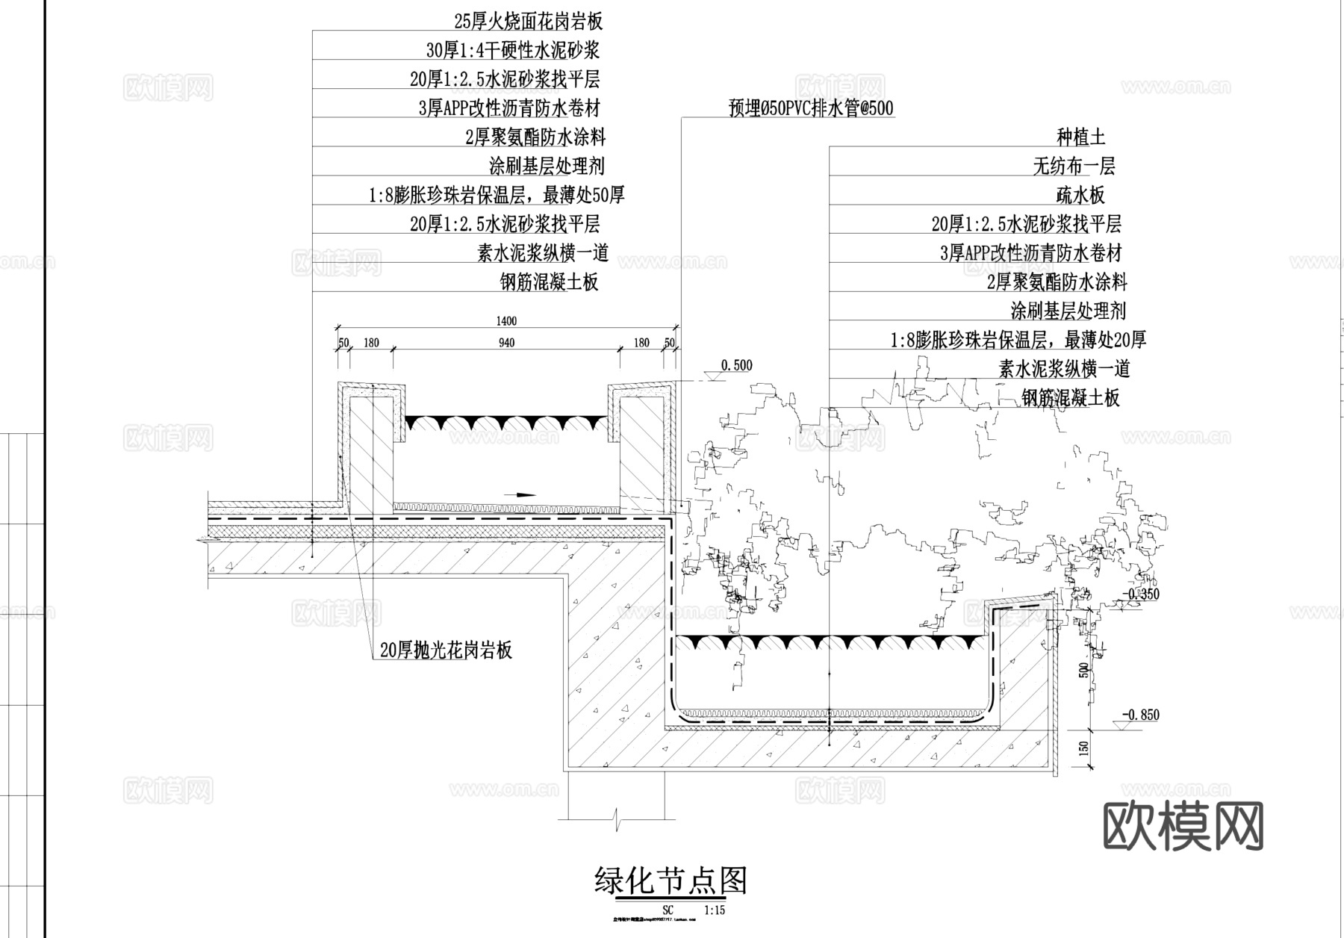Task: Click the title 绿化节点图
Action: [x=671, y=881]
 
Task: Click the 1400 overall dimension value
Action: [x=505, y=321]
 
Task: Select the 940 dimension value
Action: [x=506, y=343]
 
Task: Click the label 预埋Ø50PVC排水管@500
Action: [x=811, y=108]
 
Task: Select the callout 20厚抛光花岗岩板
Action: [x=446, y=650]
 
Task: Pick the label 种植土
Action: [x=1080, y=137]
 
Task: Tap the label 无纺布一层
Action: [x=1074, y=166]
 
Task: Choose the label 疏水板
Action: [x=1080, y=195]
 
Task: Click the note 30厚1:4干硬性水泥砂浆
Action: [x=513, y=50]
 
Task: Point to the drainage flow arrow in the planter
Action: [x=520, y=494]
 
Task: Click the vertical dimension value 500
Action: [x=1085, y=670]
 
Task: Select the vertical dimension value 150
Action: [x=1085, y=747]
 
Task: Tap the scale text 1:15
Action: [x=715, y=910]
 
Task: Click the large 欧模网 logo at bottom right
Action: [x=1183, y=826]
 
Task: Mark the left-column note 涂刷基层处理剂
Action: [x=547, y=166]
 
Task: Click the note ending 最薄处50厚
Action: [x=497, y=195]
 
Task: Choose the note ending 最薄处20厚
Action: [x=1018, y=340]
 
